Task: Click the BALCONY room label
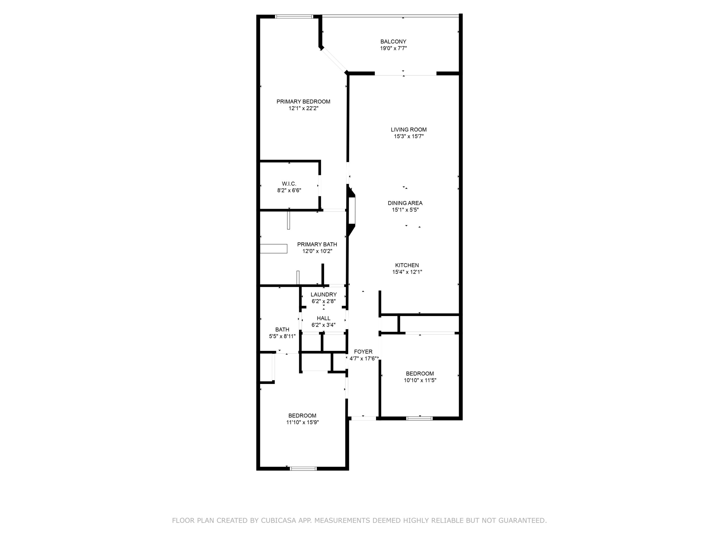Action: (x=393, y=42)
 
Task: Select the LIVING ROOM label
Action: (x=409, y=130)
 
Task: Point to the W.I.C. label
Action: (x=289, y=184)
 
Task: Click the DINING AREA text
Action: (x=405, y=203)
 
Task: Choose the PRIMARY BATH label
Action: (x=317, y=244)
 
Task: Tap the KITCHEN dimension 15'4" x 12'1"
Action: (x=407, y=272)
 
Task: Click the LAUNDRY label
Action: (x=324, y=295)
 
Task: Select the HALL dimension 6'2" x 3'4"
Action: (x=324, y=325)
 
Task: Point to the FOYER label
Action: (x=363, y=351)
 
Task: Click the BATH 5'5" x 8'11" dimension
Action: (x=282, y=337)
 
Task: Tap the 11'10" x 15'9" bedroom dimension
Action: (x=302, y=422)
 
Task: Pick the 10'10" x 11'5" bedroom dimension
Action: (x=420, y=380)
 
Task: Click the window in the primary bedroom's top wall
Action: (x=294, y=17)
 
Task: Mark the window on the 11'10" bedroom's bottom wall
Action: (x=303, y=469)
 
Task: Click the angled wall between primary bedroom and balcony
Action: (x=334, y=60)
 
